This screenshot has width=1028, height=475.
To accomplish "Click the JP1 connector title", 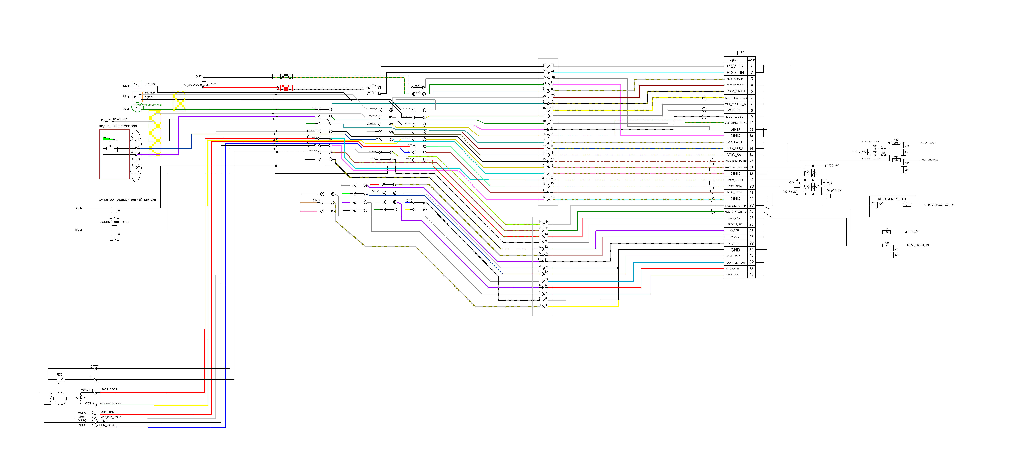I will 740,53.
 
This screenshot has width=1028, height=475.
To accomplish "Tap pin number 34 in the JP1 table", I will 751,275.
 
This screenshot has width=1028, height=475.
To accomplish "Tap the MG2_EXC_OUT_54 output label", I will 941,205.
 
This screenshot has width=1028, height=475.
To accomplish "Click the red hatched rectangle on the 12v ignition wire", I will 287,88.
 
